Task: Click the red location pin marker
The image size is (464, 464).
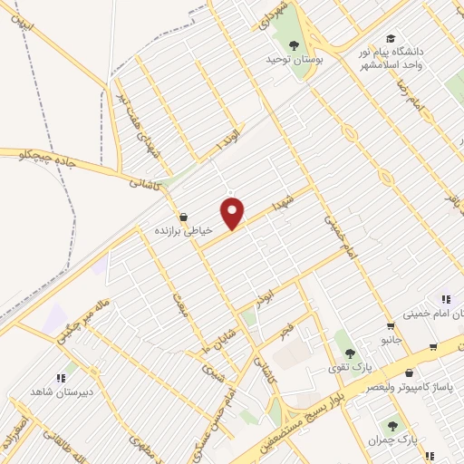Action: click(x=234, y=214)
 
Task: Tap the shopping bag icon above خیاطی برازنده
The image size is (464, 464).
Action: click(x=185, y=217)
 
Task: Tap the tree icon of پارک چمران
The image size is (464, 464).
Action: click(x=392, y=425)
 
